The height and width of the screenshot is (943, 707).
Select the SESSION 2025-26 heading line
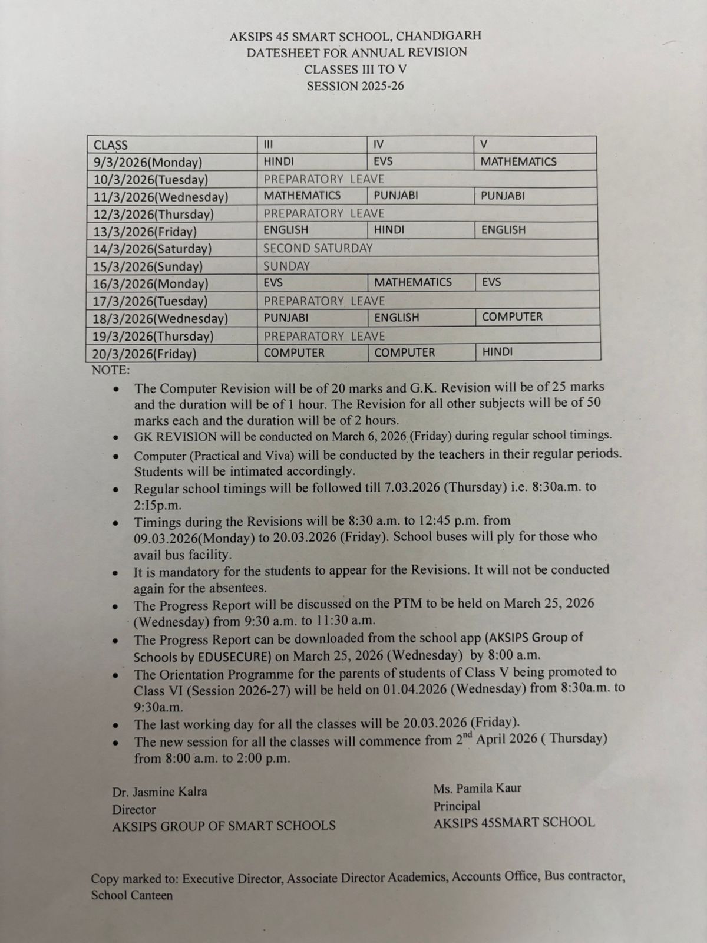[x=355, y=86]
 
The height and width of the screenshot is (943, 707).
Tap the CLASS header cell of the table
[x=111, y=145]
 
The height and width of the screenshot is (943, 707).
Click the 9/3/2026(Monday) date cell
[x=148, y=163]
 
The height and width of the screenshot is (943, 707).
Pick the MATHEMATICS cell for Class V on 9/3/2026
[x=518, y=161]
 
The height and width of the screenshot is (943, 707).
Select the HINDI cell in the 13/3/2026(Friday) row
[x=389, y=230]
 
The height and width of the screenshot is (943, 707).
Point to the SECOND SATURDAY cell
[x=318, y=248]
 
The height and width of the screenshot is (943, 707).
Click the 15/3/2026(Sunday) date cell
[x=148, y=266]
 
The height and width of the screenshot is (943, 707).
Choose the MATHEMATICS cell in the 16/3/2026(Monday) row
[x=413, y=282]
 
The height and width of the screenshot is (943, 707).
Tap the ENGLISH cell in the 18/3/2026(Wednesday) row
[x=397, y=317]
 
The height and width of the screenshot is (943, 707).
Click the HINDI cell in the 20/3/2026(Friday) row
[x=497, y=352]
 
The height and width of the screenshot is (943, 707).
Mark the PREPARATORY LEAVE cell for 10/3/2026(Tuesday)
[x=323, y=179]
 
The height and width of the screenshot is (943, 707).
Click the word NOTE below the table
[x=110, y=371]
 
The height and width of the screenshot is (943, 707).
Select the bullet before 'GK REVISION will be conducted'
[x=118, y=438]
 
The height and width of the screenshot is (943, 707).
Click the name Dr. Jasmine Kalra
[x=160, y=792]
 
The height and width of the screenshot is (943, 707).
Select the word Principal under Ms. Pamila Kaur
[x=457, y=806]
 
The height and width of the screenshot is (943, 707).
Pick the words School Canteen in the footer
[x=132, y=895]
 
